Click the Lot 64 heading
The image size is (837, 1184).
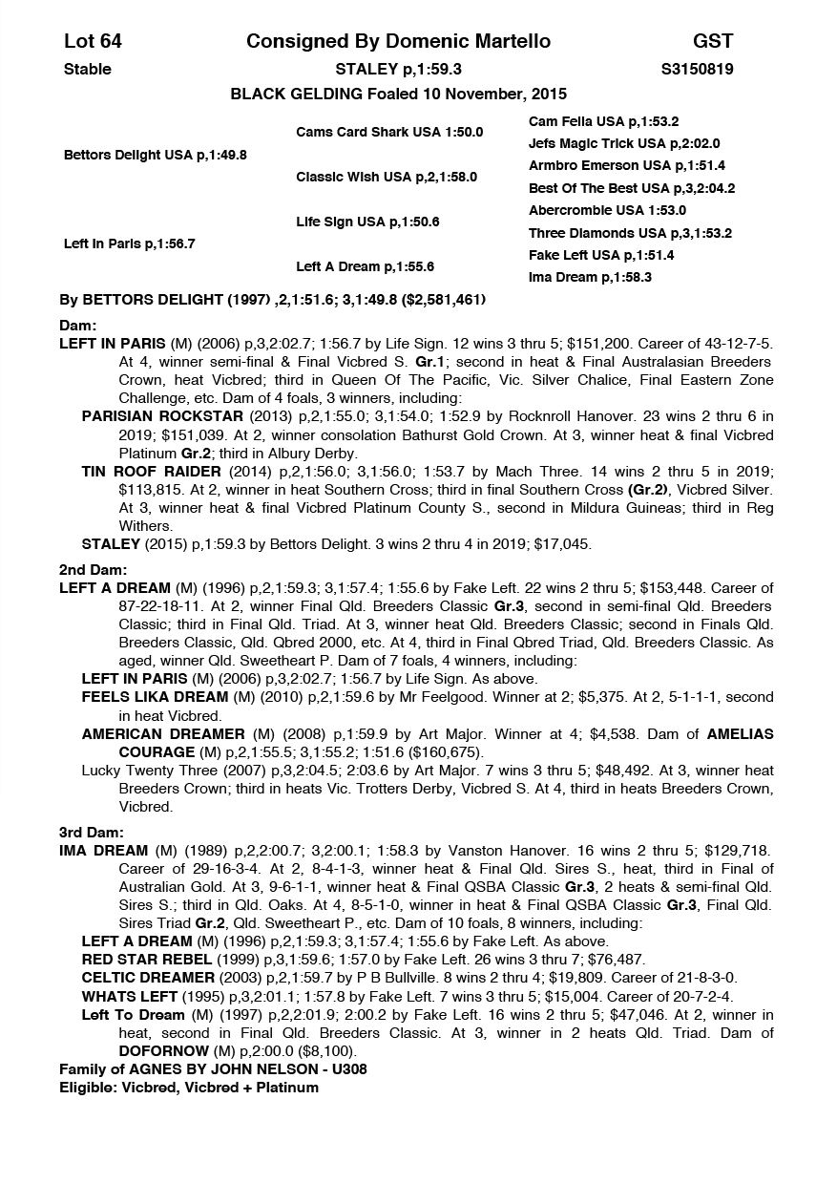(93, 41)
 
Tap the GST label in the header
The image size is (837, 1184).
(713, 41)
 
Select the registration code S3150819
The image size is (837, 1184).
(697, 69)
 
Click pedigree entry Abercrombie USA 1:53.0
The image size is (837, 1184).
(607, 210)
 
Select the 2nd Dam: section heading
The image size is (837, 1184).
(86, 570)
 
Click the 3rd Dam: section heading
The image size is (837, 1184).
(86, 833)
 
